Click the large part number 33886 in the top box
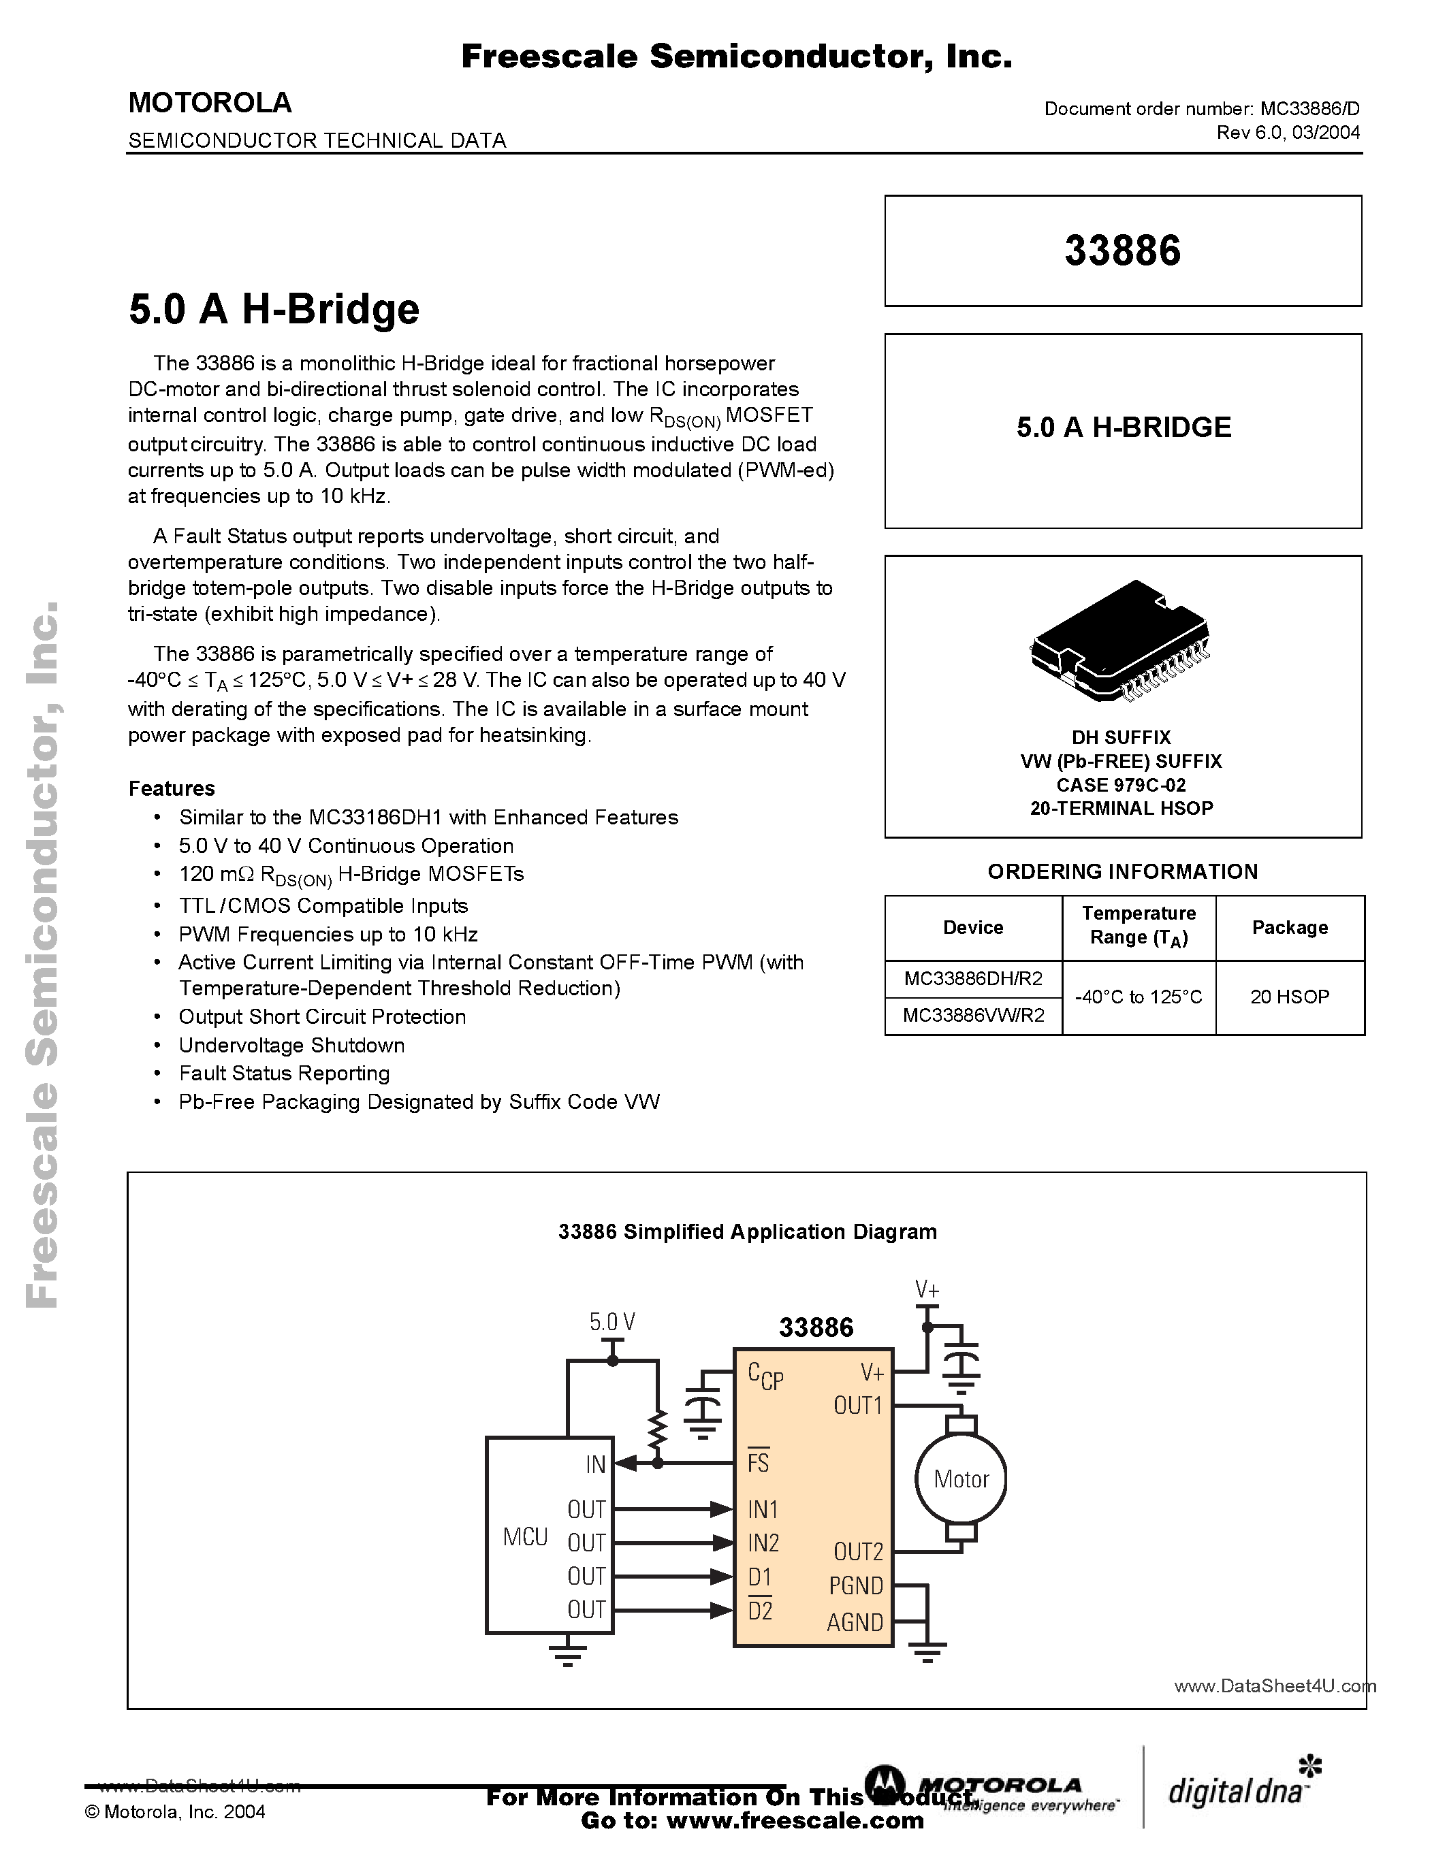click(1122, 251)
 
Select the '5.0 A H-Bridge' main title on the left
click(274, 310)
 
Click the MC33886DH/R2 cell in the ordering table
click(973, 978)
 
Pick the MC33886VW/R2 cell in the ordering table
click(973, 1016)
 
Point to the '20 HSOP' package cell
click(1289, 997)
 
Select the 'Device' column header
click(973, 927)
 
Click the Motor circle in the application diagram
click(961, 1479)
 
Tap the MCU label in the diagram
click(524, 1537)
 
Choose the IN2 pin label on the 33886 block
click(763, 1543)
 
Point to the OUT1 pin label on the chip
click(857, 1406)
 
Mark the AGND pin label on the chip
click(855, 1623)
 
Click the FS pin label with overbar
click(758, 1462)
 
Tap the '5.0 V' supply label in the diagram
click(612, 1323)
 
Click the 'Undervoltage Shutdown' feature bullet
click(291, 1046)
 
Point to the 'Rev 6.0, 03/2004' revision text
click(1288, 132)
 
